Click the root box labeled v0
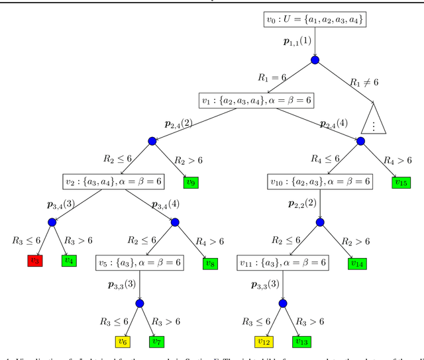pos(314,20)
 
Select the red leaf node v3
pos(35,261)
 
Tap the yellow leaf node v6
pos(123,341)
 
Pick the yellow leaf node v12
pos(264,341)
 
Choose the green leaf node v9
pos(191,181)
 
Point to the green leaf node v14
pos(358,263)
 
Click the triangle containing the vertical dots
pos(374,121)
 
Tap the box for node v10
pos(320,181)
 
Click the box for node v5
pos(139,263)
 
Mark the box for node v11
pos(283,263)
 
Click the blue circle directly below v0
pos(315,60)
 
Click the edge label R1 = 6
pos(272,77)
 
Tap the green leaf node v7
pos(157,341)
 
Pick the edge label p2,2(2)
pos(301,202)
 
